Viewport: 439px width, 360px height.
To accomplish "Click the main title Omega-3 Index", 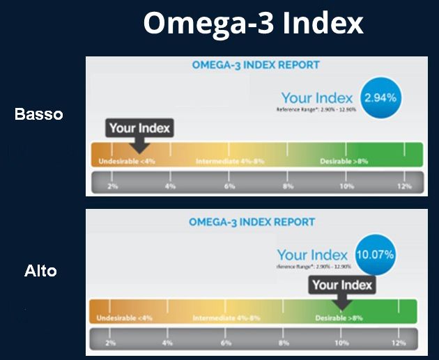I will point(254,23).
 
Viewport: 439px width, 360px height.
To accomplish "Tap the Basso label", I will point(39,114).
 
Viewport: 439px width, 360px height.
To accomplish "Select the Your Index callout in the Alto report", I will point(342,285).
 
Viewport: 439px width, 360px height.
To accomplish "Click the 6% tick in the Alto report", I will point(226,343).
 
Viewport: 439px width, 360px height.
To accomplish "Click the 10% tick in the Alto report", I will point(341,343).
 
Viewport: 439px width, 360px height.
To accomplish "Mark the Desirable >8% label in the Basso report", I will point(344,162).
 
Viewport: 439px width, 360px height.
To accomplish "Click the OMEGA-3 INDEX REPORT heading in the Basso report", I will point(255,65).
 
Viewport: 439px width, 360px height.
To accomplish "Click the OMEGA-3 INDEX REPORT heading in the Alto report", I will point(252,222).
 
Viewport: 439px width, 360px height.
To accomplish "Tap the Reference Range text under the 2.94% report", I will point(318,109).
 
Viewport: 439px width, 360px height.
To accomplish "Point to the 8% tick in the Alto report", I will point(284,343).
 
